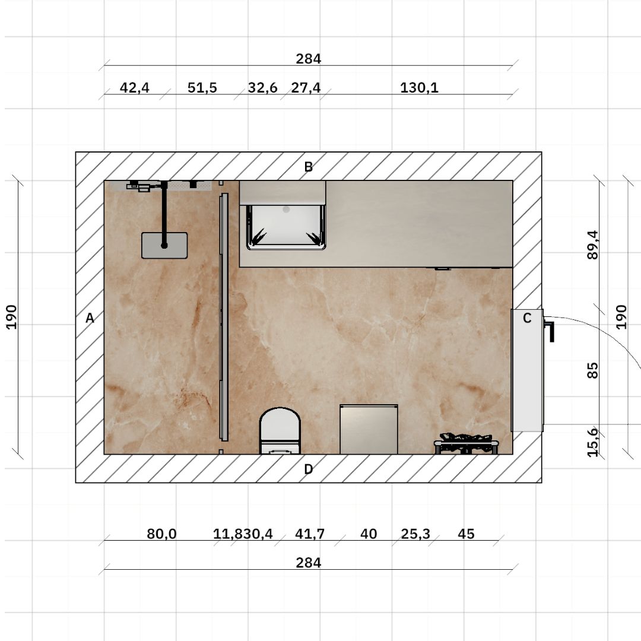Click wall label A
click(90, 319)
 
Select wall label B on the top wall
click(308, 167)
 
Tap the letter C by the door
click(527, 319)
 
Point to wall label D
click(308, 469)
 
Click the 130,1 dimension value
click(419, 88)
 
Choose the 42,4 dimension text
click(135, 88)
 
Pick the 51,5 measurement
click(202, 88)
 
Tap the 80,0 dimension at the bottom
click(161, 534)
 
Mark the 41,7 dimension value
click(310, 534)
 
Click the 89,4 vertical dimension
click(592, 245)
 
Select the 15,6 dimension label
click(592, 442)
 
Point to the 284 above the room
click(308, 59)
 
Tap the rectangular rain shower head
click(164, 246)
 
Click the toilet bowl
click(280, 426)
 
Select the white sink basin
click(285, 226)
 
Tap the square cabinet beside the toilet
click(369, 429)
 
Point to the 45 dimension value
click(466, 534)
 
